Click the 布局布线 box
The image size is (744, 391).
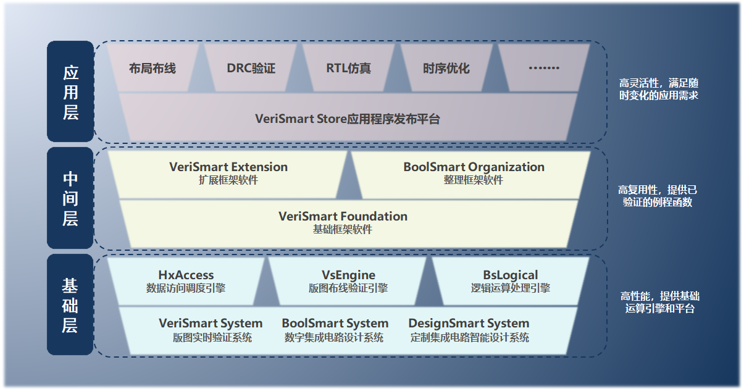[153, 69]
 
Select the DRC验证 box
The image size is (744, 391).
[251, 69]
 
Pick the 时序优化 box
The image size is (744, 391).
[446, 69]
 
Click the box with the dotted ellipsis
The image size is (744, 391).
[544, 69]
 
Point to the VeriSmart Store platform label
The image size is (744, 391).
[348, 119]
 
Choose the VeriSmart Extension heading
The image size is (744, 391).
[228, 167]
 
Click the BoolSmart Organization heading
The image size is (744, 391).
[474, 167]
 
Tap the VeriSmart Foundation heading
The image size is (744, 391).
[343, 216]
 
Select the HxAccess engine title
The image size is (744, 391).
[186, 275]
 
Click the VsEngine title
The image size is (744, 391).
[348, 275]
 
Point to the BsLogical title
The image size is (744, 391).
[510, 275]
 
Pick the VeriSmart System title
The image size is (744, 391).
[211, 323]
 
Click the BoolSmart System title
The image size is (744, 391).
[335, 323]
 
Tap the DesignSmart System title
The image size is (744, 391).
[469, 323]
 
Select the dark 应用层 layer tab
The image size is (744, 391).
[70, 92]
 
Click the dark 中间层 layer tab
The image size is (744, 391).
[70, 198]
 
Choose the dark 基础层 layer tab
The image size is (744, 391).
[70, 305]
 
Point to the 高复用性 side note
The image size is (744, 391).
[658, 196]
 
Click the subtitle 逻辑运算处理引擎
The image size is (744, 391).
[510, 288]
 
